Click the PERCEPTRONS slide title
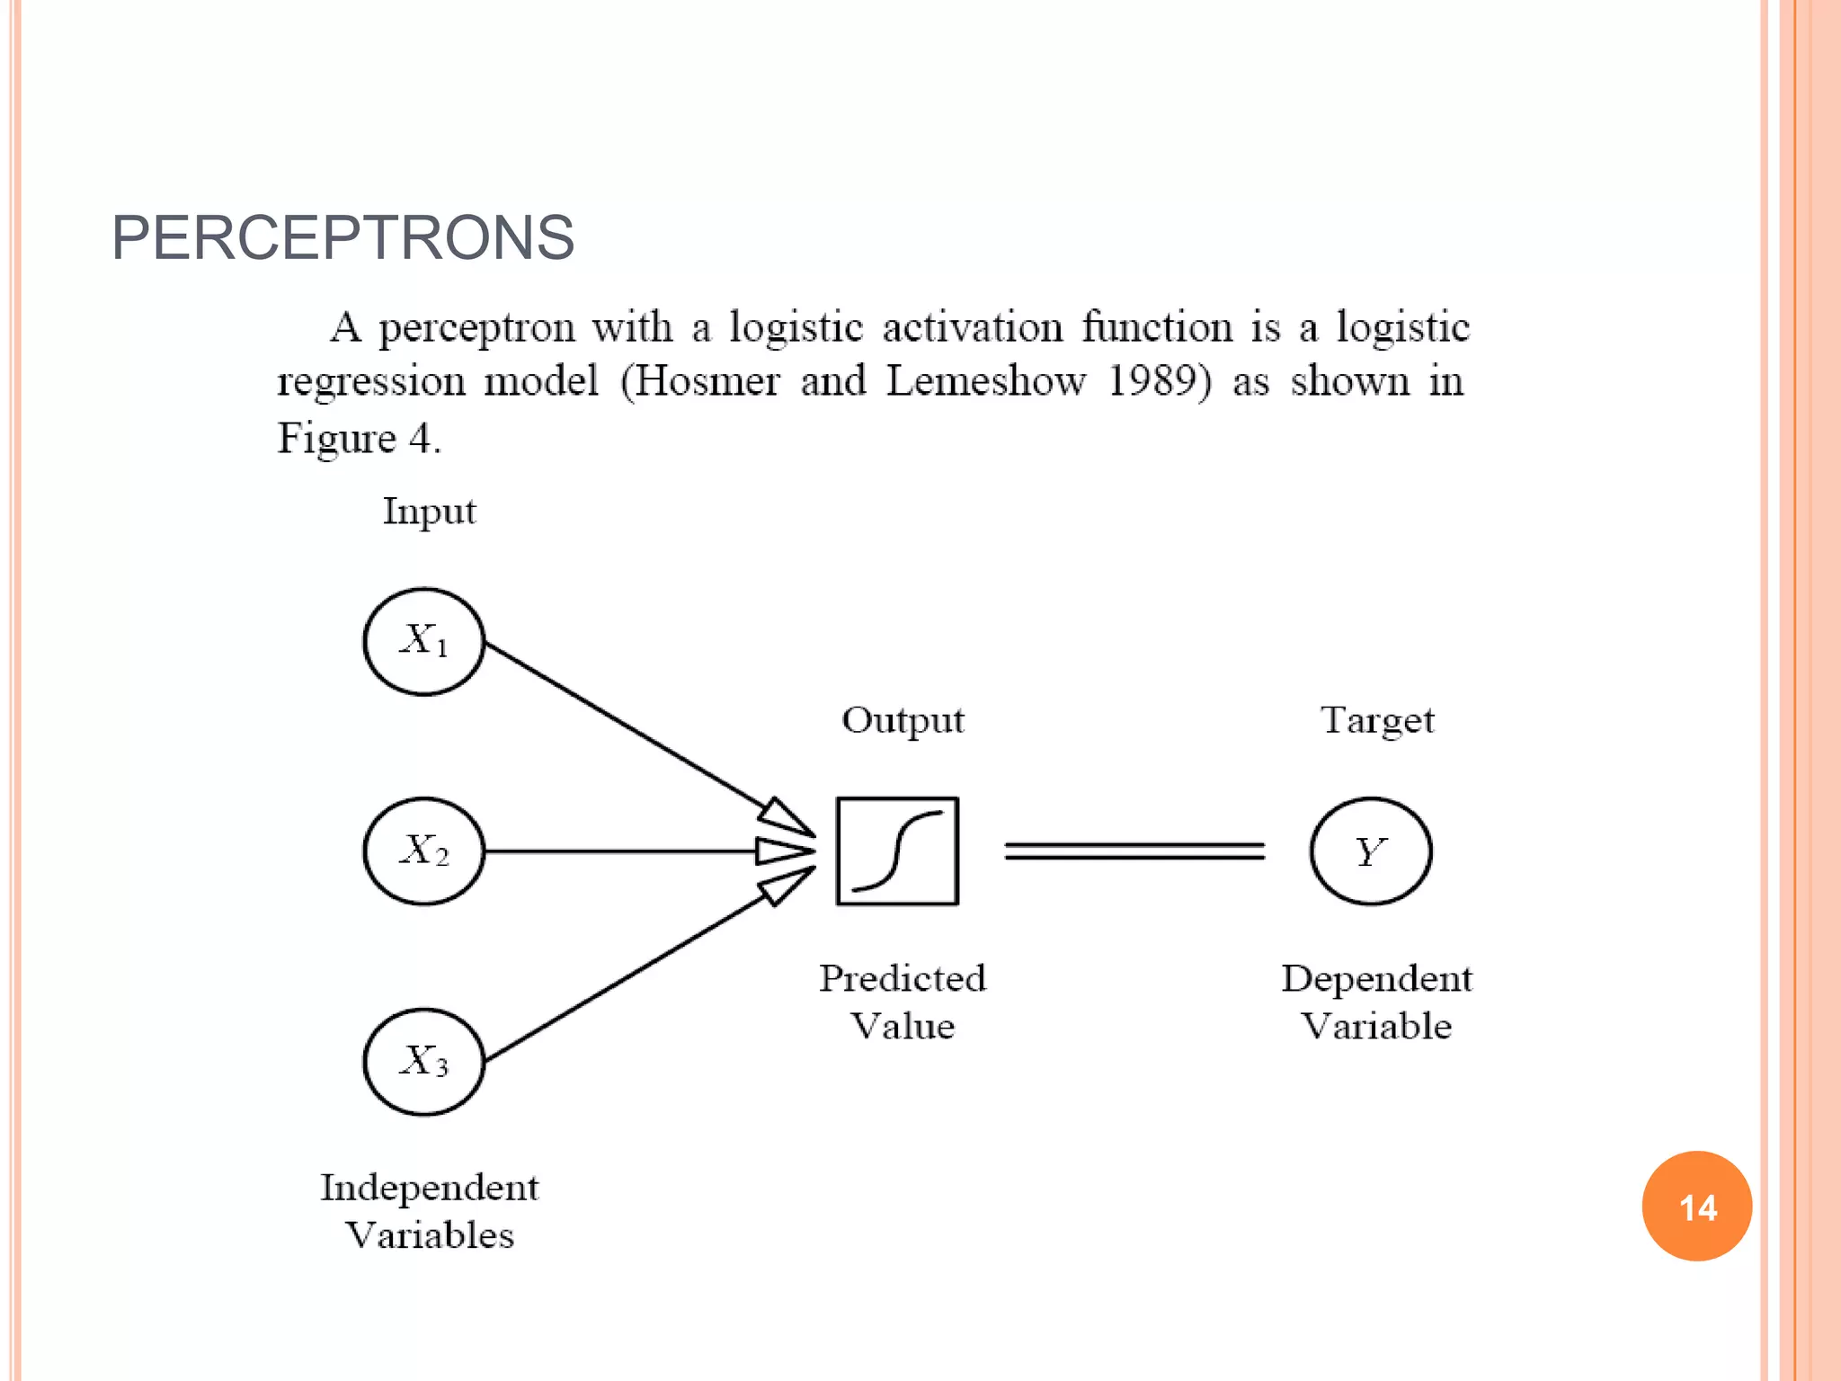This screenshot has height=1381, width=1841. tap(342, 238)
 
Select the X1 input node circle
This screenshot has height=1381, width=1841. tap(423, 642)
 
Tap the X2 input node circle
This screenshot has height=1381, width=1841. tap(423, 851)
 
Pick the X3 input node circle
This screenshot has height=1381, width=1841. tap(423, 1061)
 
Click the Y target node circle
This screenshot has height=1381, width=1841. tap(1370, 851)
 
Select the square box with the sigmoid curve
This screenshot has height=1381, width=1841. tap(897, 851)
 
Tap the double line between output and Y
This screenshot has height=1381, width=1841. tap(1134, 851)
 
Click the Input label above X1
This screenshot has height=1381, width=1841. tap(429, 512)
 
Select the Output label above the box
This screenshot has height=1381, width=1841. tap(903, 720)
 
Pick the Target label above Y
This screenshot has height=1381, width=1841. tap(1377, 720)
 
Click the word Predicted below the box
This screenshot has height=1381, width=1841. tap(903, 978)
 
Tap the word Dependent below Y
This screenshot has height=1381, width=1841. tap(1376, 978)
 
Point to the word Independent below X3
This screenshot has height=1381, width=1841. tap(430, 1188)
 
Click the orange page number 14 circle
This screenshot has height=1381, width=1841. tap(1696, 1206)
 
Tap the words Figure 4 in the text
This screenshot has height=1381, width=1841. tap(358, 439)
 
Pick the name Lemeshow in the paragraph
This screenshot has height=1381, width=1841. tap(986, 381)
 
